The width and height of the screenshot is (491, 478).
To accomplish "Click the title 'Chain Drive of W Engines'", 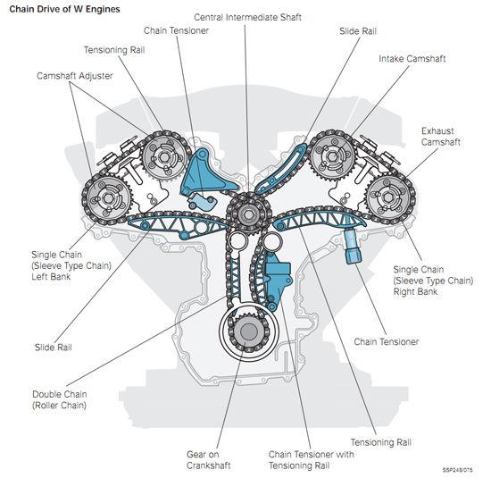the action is coord(64,9).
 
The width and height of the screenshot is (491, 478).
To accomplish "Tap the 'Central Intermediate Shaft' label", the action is coord(247,17).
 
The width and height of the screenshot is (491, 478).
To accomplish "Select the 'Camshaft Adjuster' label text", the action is coord(75,76).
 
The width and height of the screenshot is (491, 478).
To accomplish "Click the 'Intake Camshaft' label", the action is coord(412,59).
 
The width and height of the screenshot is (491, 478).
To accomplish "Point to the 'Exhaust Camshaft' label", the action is coord(441,137).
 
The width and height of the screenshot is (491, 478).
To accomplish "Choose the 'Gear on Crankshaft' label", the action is coord(208,460).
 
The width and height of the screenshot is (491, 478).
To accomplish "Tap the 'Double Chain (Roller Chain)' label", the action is coord(60,399).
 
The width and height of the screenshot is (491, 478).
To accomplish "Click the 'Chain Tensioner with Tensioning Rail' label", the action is coord(312,460).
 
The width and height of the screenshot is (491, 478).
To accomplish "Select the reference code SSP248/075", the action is coord(457,470).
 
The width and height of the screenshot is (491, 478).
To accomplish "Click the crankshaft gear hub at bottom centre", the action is coord(249,332).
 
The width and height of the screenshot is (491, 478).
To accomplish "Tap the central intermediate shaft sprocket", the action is coord(249,214).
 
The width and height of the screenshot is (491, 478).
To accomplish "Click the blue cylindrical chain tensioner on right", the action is coord(353,246).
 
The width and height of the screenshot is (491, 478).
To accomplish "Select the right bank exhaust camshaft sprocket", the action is coord(388,197).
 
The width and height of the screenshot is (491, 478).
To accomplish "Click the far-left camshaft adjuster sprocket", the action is coord(107,197).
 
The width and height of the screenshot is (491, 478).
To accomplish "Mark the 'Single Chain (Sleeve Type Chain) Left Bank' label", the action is coord(71,265).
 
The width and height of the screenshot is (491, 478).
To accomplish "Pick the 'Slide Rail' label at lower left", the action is coord(54,348).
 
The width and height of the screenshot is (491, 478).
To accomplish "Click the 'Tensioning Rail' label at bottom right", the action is coord(381,442).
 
